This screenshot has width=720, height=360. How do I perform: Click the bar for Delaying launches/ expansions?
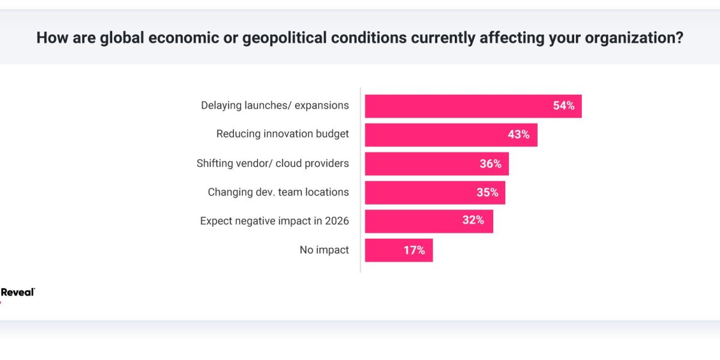[456, 106]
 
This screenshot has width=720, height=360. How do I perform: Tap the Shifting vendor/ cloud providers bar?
[420, 164]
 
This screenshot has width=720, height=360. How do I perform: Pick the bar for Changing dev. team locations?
[420, 193]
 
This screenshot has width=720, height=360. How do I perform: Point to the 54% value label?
[563, 106]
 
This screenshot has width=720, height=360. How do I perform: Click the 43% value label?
[518, 135]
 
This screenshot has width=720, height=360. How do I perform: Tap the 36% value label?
[490, 164]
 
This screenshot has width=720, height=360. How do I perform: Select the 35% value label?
[487, 193]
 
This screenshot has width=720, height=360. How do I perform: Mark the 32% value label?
[473, 221]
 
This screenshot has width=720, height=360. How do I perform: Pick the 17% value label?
[414, 250]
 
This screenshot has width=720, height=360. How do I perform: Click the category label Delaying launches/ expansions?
[275, 106]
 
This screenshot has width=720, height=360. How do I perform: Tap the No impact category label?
[324, 250]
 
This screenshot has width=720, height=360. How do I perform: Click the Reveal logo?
[17, 293]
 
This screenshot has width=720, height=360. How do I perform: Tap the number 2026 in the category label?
[336, 221]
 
